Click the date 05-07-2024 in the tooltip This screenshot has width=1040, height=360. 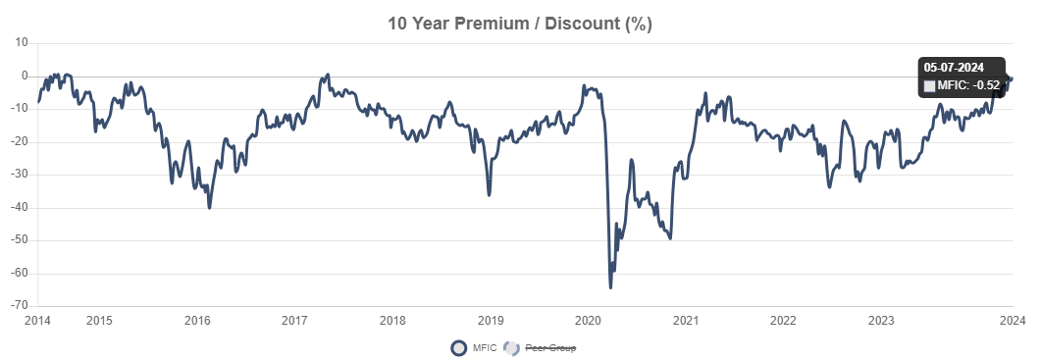pyautogui.click(x=954, y=68)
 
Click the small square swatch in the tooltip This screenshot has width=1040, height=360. pyautogui.click(x=929, y=86)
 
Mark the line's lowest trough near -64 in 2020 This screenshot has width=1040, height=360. pyautogui.click(x=610, y=286)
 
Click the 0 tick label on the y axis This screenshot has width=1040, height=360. pyautogui.click(x=25, y=77)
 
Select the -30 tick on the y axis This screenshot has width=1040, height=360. pyautogui.click(x=20, y=175)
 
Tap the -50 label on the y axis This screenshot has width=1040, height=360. pyautogui.click(x=20, y=240)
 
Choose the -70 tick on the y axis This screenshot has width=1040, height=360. pyautogui.click(x=20, y=306)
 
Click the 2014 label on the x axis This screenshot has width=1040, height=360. pyautogui.click(x=37, y=321)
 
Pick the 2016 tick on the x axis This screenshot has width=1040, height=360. pyautogui.click(x=197, y=321)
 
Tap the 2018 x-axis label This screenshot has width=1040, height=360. pyautogui.click(x=392, y=321)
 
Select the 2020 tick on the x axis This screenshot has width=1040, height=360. pyautogui.click(x=588, y=321)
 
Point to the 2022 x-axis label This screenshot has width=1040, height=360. pyautogui.click(x=783, y=321)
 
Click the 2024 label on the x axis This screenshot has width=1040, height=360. pyautogui.click(x=1012, y=321)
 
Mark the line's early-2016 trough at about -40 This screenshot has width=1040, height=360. pyautogui.click(x=209, y=207)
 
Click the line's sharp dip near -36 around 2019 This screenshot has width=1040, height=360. pyautogui.click(x=489, y=194)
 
